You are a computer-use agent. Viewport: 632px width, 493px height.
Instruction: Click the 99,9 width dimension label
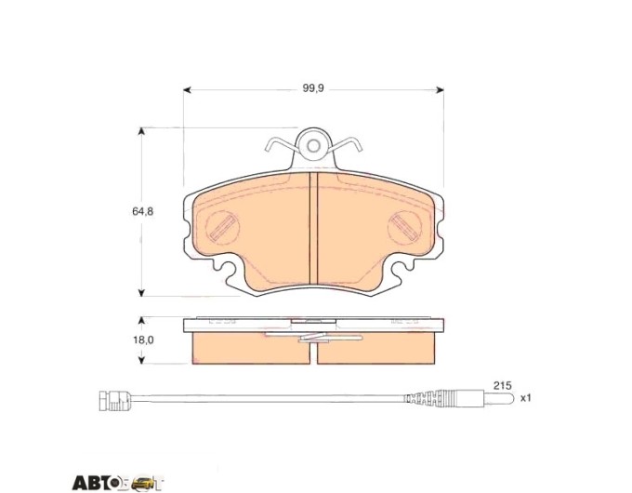pos(313,88)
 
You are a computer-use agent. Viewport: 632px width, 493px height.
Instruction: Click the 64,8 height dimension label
pos(143,211)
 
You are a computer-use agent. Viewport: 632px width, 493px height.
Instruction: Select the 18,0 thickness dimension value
pos(143,340)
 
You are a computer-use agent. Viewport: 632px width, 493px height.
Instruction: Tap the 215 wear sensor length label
pos(503,386)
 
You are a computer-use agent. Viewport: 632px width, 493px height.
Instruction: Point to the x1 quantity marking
pos(526,398)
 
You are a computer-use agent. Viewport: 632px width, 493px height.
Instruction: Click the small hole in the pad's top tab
pos(313,146)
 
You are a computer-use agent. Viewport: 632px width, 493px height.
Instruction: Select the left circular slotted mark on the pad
pos(222,227)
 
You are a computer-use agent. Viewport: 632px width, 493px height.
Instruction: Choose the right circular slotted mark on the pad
pos(404,227)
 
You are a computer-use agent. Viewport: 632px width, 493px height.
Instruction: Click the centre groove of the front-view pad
pos(313,228)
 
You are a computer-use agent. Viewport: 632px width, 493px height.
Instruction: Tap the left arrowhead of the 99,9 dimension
pos(187,89)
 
